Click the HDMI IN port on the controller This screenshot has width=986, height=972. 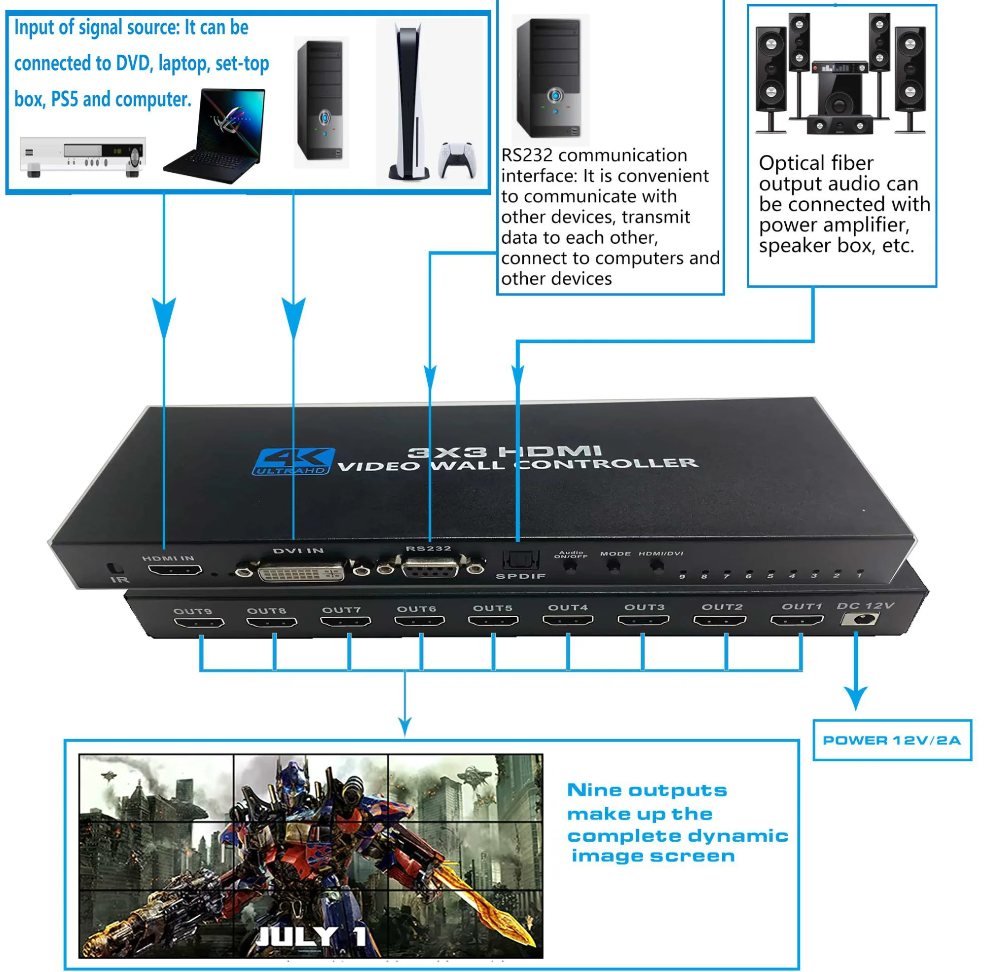[x=175, y=570]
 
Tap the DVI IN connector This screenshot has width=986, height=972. [x=301, y=571]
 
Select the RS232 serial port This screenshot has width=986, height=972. [x=430, y=568]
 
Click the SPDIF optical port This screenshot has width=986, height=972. [x=520, y=561]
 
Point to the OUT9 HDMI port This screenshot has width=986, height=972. [x=199, y=623]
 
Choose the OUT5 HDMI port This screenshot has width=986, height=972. [x=493, y=621]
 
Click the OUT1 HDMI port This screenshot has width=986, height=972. [x=796, y=620]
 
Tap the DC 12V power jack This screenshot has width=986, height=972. [x=862, y=620]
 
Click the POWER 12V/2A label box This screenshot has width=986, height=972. [x=892, y=740]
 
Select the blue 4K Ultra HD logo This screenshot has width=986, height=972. [x=293, y=462]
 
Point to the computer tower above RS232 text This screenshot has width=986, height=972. [x=549, y=79]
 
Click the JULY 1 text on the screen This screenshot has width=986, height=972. [x=311, y=937]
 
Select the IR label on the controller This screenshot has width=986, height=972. [x=120, y=579]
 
